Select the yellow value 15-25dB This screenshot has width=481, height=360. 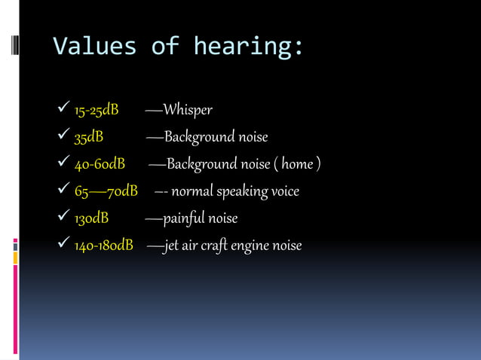pyautogui.click(x=96, y=111)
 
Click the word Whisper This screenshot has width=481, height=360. pyautogui.click(x=188, y=111)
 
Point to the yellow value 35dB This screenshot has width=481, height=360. pyautogui.click(x=88, y=138)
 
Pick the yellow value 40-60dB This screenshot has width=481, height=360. pyautogui.click(x=99, y=165)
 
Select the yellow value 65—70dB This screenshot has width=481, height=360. pyautogui.click(x=106, y=192)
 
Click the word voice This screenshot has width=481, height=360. pyautogui.click(x=285, y=192)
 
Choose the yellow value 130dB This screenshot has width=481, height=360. pyautogui.click(x=90, y=219)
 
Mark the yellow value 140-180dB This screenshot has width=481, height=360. pyautogui.click(x=103, y=246)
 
